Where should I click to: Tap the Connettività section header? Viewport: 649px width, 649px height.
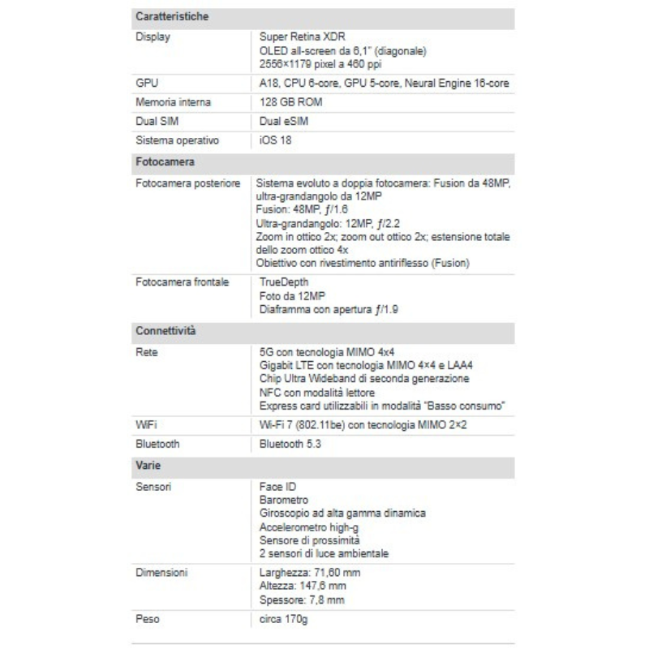coord(165,331)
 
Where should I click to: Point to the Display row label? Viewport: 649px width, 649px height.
coord(153,37)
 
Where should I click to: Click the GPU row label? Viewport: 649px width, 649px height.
coord(147,83)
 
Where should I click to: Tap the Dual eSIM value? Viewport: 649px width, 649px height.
coord(284,121)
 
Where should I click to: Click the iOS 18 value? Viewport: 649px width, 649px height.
coord(275,140)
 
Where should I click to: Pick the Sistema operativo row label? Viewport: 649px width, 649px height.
coord(177,140)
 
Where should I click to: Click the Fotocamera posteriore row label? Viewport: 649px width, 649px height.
coord(188,184)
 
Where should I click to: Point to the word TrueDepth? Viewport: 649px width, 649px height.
coord(284,282)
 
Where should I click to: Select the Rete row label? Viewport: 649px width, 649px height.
coord(147,353)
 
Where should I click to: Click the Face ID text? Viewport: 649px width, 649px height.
coord(278,486)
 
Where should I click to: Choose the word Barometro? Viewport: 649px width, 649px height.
coord(284,500)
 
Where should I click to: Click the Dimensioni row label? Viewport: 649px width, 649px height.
coord(162,572)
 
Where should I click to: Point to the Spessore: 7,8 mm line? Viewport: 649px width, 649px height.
coord(302,600)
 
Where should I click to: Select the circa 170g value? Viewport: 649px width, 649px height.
coord(284,620)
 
